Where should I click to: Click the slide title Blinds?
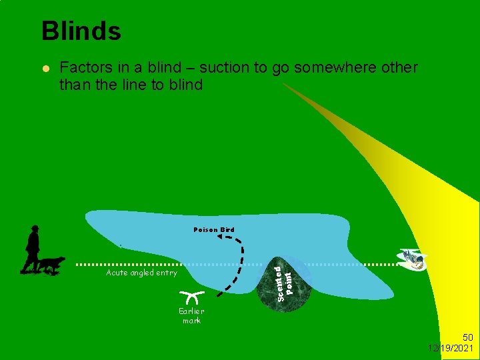[81, 31]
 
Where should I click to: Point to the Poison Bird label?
[214, 230]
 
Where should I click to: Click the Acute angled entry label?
[141, 273]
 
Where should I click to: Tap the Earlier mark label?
[191, 316]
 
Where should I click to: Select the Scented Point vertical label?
[285, 277]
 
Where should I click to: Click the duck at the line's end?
[413, 259]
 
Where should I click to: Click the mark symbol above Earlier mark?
[191, 297]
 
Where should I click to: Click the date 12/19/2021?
[452, 349]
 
